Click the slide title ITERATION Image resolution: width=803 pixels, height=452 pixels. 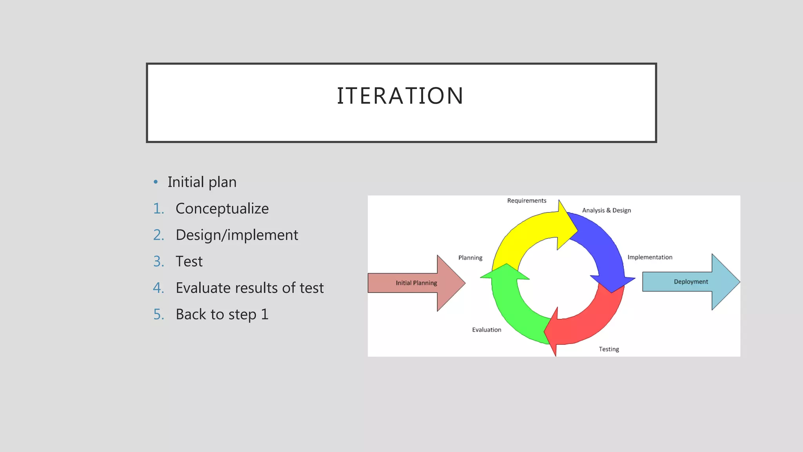coord(400,96)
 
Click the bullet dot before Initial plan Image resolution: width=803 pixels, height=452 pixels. coord(156,182)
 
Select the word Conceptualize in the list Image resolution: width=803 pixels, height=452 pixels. coord(222,209)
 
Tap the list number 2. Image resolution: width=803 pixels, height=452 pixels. coord(158,235)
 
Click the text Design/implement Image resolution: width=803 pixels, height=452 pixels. coord(237,235)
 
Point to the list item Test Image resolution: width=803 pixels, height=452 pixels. coord(189,261)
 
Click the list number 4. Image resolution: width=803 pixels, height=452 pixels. coord(158,288)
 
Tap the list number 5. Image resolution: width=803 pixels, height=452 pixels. coord(158,314)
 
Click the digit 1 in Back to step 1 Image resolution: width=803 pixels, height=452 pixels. coord(265,314)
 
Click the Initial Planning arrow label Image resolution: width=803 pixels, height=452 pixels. coord(416,283)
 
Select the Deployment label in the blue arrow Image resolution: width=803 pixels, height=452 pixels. coord(690,282)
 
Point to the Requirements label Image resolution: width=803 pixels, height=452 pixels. coord(527,200)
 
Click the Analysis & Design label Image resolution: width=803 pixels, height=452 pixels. coord(606,210)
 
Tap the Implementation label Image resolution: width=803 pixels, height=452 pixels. coord(650,257)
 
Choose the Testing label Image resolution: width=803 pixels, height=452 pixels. coord(609,349)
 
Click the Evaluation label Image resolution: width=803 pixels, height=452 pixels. coord(486,330)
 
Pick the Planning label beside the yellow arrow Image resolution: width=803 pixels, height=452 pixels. coord(470,258)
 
